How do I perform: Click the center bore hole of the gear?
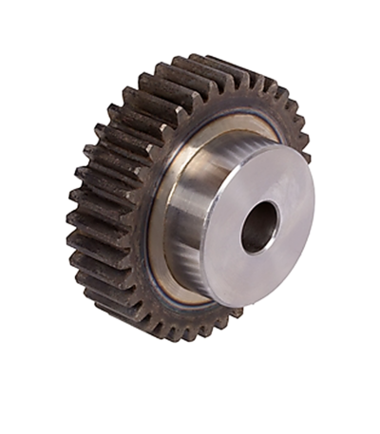258,228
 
